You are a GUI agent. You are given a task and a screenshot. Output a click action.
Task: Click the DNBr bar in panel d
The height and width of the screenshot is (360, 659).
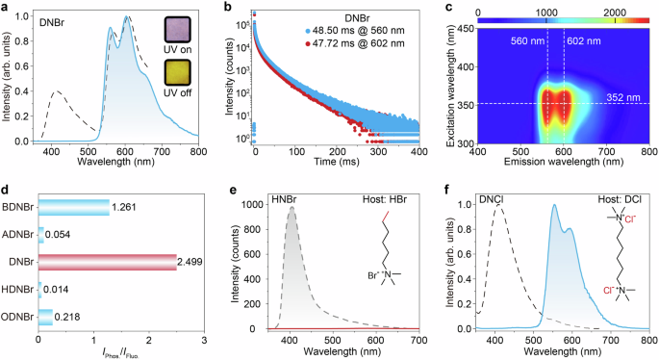coord(107,262)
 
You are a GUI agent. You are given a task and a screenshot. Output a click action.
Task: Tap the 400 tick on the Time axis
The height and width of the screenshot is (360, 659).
coord(419,152)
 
